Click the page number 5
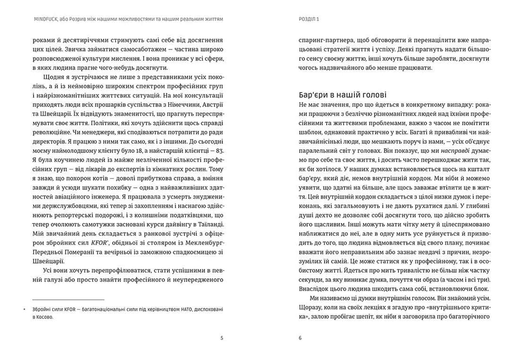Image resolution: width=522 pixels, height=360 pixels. click(x=222, y=338)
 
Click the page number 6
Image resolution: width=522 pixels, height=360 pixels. click(x=300, y=338)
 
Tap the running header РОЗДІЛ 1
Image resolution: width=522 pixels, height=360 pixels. click(x=306, y=19)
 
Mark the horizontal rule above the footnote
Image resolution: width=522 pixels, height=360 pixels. click(x=68, y=300)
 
